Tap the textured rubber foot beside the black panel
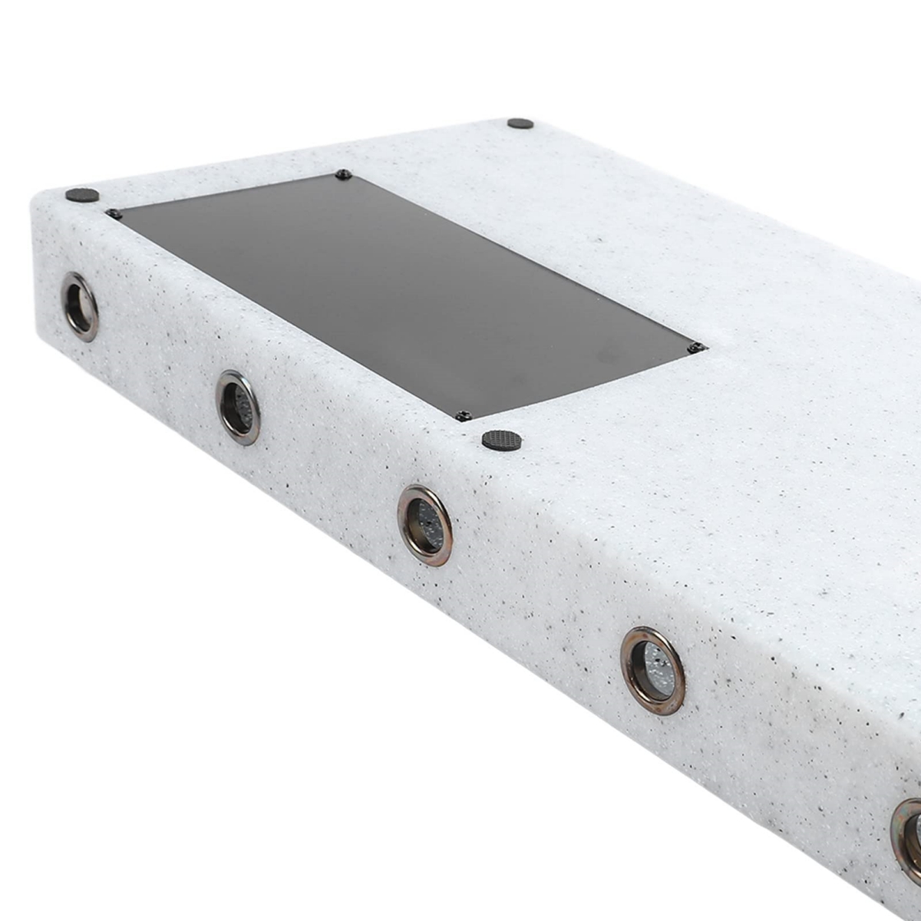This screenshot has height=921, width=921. [502, 441]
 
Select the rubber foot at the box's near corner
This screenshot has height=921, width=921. [82, 195]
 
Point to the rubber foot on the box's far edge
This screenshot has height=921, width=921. [520, 124]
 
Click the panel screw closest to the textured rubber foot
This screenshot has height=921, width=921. [463, 416]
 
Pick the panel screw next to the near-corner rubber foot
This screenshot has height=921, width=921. [114, 214]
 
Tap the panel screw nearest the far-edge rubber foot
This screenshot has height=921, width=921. [343, 175]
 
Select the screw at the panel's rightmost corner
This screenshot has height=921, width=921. [697, 348]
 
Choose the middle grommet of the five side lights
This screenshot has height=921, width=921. [424, 526]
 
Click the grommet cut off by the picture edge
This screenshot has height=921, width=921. [908, 840]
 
